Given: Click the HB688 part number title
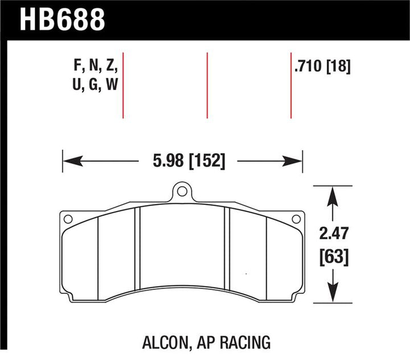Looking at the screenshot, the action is point(62,19).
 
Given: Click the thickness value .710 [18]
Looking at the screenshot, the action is point(322,66).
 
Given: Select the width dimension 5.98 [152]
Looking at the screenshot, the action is point(189,161).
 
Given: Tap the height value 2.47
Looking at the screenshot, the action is point(334,233).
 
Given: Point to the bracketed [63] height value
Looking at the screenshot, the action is point(334,256).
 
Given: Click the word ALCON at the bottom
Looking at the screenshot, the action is point(165,342).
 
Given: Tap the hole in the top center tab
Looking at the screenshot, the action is point(182,191).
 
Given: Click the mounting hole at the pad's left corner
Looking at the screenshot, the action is point(68,219).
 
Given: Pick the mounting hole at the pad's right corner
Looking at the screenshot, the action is point(296,219).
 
